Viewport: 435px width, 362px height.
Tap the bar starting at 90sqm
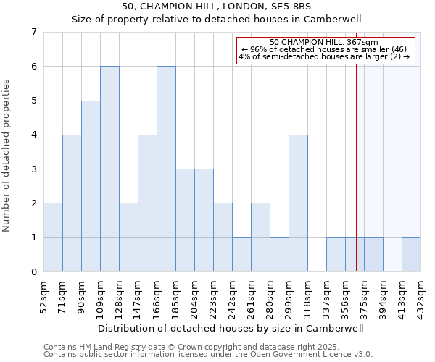[x=91, y=186]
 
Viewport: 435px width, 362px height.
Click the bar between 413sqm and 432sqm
[x=411, y=254]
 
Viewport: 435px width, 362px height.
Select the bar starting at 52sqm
[x=53, y=237]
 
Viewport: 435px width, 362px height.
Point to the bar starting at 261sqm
[x=260, y=237]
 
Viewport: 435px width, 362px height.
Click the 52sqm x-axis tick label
[x=44, y=295]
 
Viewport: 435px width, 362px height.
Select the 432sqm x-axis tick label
[x=421, y=295]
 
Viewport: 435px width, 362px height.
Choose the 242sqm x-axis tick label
[x=233, y=295]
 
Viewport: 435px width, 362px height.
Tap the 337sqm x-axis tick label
[x=327, y=295]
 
